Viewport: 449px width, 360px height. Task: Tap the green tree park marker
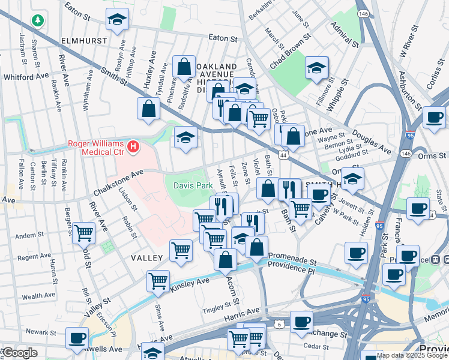[38, 20]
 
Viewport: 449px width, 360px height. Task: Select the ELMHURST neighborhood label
[83, 41]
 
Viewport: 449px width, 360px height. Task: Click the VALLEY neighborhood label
[147, 257]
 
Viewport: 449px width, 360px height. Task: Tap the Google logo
[19, 353]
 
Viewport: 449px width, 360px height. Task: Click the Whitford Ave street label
[26, 77]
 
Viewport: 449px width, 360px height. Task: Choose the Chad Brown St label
[290, 44]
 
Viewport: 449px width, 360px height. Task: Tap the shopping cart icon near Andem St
[84, 233]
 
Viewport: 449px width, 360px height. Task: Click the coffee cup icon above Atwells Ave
[77, 338]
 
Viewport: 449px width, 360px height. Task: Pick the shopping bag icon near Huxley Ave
[148, 110]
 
